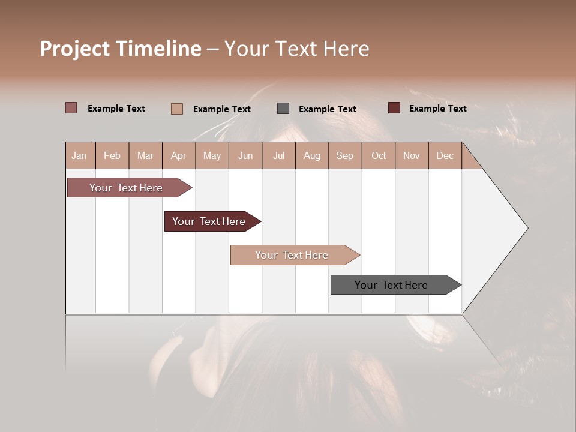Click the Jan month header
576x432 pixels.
(80, 155)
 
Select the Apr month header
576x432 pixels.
(179, 155)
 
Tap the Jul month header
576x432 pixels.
(278, 155)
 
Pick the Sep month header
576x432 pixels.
(345, 155)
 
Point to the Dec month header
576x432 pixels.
(445, 155)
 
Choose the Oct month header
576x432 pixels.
(379, 155)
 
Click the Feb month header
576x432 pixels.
(112, 155)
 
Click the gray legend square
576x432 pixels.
(283, 109)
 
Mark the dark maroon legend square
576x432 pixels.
(394, 108)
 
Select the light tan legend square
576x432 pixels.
(177, 109)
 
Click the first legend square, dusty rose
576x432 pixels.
(71, 108)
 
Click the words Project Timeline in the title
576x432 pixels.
(120, 49)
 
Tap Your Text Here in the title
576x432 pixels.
(296, 49)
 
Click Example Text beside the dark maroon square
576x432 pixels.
(437, 108)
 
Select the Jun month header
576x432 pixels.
(245, 155)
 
